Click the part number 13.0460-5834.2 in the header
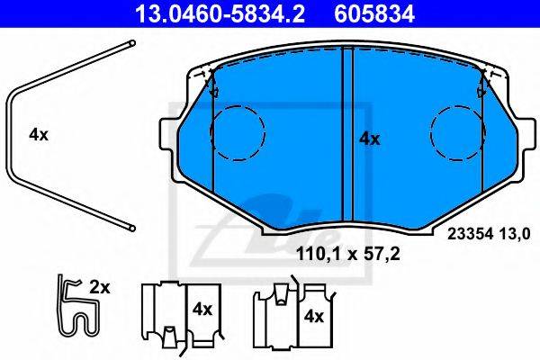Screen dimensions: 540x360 (x=220, y=13)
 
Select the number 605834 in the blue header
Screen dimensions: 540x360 (x=374, y=13)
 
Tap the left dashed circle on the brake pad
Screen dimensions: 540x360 (x=238, y=133)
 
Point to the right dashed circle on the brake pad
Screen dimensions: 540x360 (x=458, y=133)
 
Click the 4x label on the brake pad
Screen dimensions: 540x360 (x=370, y=139)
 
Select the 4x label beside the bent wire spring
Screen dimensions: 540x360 (x=39, y=134)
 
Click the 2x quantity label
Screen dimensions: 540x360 (x=100, y=287)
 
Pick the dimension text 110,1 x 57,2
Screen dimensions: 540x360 (x=347, y=254)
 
